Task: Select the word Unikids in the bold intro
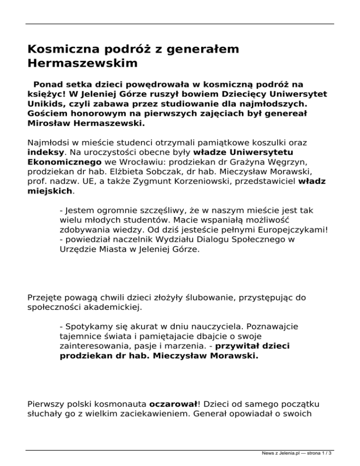[45, 103]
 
